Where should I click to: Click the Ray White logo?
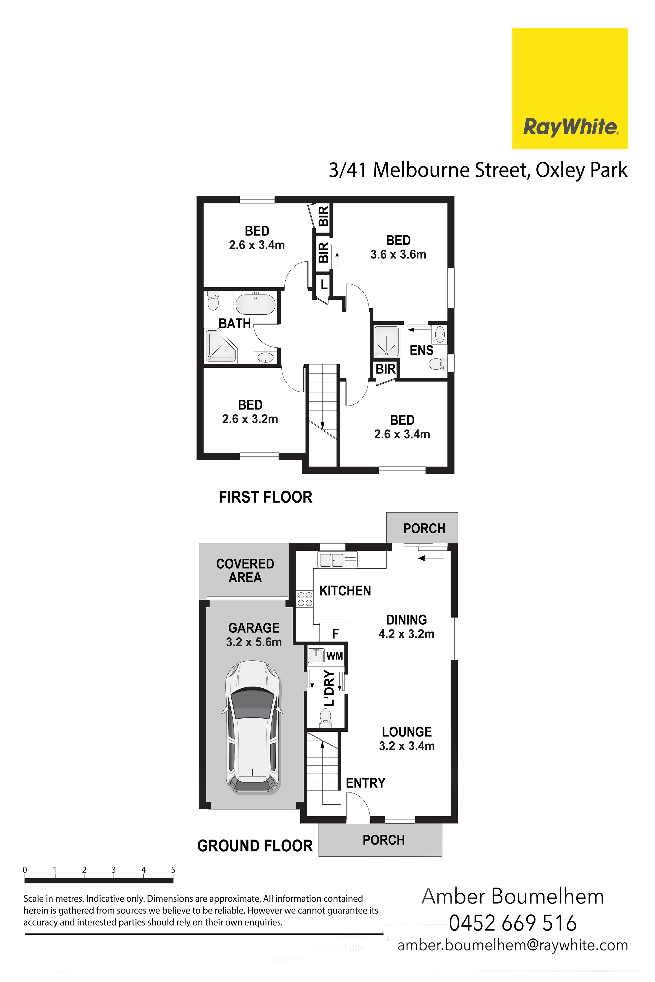(x=570, y=89)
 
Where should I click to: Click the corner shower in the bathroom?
(x=221, y=346)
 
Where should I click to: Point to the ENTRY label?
(x=365, y=783)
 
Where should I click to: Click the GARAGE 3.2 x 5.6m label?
(x=254, y=635)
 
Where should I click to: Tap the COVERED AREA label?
(x=245, y=570)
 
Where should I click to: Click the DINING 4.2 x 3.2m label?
(x=406, y=627)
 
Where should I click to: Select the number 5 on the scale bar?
(x=173, y=870)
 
